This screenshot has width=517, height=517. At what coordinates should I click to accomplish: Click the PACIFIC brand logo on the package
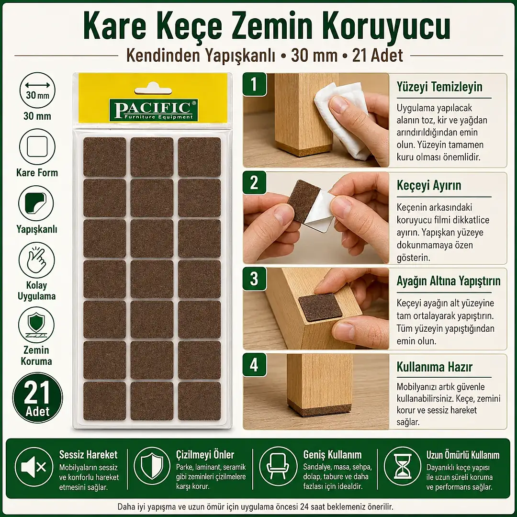coord(154,110)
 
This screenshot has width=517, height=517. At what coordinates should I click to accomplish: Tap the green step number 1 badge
coord(254,84)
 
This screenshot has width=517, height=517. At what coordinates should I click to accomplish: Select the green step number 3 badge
coord(254,279)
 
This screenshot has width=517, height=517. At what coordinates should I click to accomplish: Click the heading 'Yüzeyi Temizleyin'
coord(439,87)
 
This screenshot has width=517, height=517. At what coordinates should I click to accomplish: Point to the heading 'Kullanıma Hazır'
coord(435,367)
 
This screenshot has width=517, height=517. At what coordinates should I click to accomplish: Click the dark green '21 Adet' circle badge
coord(37,398)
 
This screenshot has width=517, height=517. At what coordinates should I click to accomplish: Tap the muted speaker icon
coord(34,467)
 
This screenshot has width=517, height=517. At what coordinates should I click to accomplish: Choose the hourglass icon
coord(403,467)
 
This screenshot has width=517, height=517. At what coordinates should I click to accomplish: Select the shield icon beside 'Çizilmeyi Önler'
coord(152,466)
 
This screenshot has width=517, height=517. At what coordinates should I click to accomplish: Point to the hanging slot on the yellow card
coord(153,90)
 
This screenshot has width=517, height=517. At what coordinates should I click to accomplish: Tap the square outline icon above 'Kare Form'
coord(37,146)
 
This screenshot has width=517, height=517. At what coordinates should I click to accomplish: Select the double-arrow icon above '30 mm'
coord(38,85)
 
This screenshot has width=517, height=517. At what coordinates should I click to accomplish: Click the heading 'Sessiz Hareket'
coord(89,455)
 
